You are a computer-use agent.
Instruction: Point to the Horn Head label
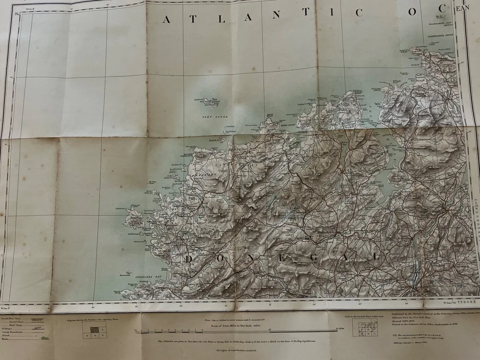pyautogui.click(x=270, y=116)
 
